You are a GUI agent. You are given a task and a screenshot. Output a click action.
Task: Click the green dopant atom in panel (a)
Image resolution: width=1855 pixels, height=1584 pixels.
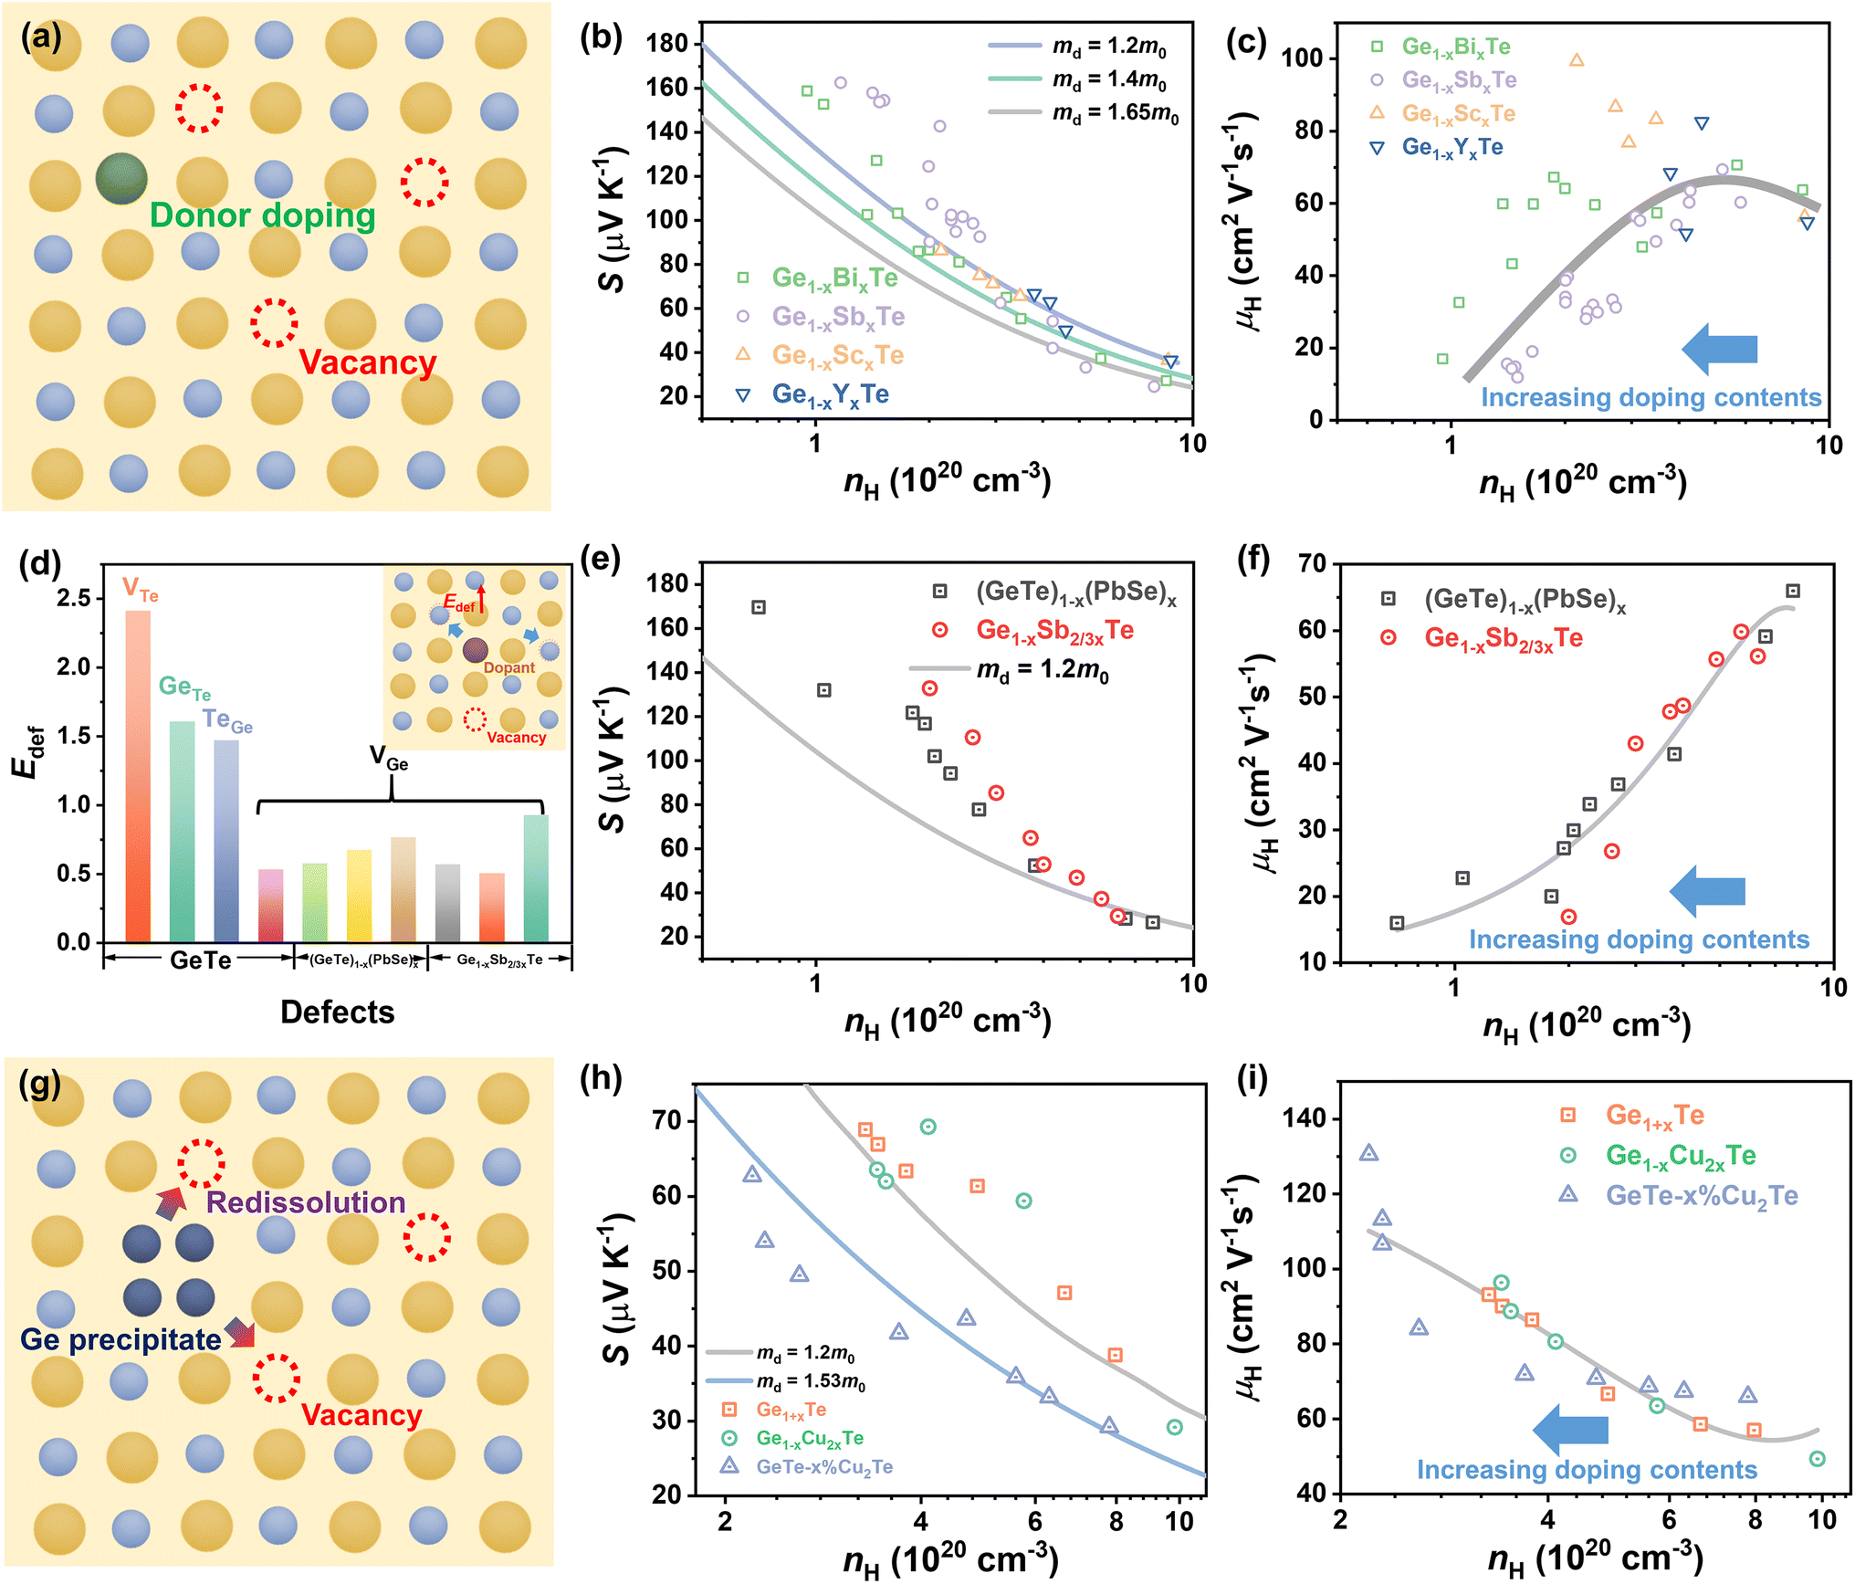pos(121,178)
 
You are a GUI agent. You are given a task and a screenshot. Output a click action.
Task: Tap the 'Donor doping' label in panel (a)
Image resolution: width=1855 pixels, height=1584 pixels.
pos(263,215)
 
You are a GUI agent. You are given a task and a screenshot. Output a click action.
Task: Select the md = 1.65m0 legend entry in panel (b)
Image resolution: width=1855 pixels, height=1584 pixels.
pos(1084,113)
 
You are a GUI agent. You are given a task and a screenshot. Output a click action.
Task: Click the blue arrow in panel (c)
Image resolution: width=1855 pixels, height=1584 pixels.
pos(1720,349)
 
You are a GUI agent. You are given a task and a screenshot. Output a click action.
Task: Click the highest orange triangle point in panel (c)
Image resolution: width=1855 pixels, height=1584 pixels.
pos(1577,60)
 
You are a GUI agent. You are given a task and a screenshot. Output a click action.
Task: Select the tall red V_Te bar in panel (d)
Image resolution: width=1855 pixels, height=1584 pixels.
pos(138,776)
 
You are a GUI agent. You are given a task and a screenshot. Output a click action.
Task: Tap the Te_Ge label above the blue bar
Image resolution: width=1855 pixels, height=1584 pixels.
pos(227,721)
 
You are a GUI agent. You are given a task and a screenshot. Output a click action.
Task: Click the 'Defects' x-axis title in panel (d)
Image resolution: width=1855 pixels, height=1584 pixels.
pos(338,1012)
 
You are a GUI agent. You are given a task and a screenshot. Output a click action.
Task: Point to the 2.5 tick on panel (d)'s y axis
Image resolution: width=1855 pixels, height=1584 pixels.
pos(74,598)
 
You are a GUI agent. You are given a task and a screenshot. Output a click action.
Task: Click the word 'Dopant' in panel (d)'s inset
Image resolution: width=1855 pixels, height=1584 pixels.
pos(509,667)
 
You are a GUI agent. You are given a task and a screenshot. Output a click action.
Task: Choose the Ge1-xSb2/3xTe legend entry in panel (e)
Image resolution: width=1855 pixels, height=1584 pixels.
pos(1032,631)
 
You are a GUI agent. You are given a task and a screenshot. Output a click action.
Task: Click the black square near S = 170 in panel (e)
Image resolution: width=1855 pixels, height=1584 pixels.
pos(759,607)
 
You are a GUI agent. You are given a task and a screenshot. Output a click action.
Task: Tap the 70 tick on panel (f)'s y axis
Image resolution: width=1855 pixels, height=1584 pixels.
pos(1312,563)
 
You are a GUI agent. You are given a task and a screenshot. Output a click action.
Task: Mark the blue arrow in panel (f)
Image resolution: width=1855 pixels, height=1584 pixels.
pos(1707,891)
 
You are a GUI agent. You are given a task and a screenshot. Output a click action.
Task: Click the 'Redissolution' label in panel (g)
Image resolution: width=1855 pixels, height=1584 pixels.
pos(306,1202)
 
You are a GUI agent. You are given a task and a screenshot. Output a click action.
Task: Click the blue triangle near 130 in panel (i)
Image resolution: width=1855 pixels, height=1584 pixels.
pos(1368,1153)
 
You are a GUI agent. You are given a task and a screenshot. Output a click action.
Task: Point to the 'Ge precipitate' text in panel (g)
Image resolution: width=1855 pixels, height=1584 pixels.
pos(121,1339)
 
